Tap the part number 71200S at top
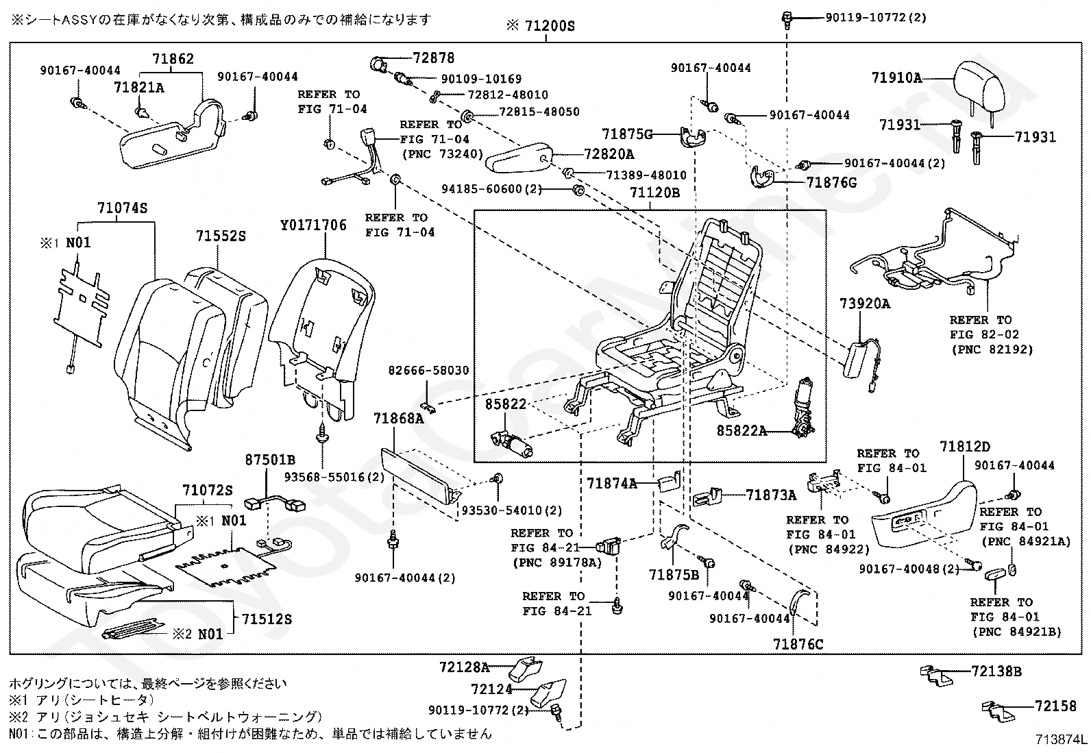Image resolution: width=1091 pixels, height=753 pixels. click(x=550, y=26)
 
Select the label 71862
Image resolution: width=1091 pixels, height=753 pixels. click(x=173, y=59)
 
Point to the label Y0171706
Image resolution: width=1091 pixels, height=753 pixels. click(x=313, y=225)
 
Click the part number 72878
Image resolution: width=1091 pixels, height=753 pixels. click(x=434, y=58)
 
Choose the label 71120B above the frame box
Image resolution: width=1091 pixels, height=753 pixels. click(x=654, y=193)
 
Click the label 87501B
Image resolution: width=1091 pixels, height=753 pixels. click(x=270, y=459)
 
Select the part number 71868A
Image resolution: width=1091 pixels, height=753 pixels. click(x=398, y=419)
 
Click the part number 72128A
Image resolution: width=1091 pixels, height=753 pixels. click(x=465, y=667)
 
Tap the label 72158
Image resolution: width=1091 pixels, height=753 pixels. click(x=1055, y=706)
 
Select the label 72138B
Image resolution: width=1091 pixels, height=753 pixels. click(x=996, y=671)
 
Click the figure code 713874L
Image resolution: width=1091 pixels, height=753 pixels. click(x=1062, y=739)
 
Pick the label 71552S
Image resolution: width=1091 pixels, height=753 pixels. click(x=221, y=236)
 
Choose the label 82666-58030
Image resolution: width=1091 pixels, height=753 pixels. click(x=428, y=371)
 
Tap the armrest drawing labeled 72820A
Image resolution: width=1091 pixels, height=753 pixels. click(x=519, y=158)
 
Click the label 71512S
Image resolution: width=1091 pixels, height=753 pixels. click(x=267, y=619)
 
